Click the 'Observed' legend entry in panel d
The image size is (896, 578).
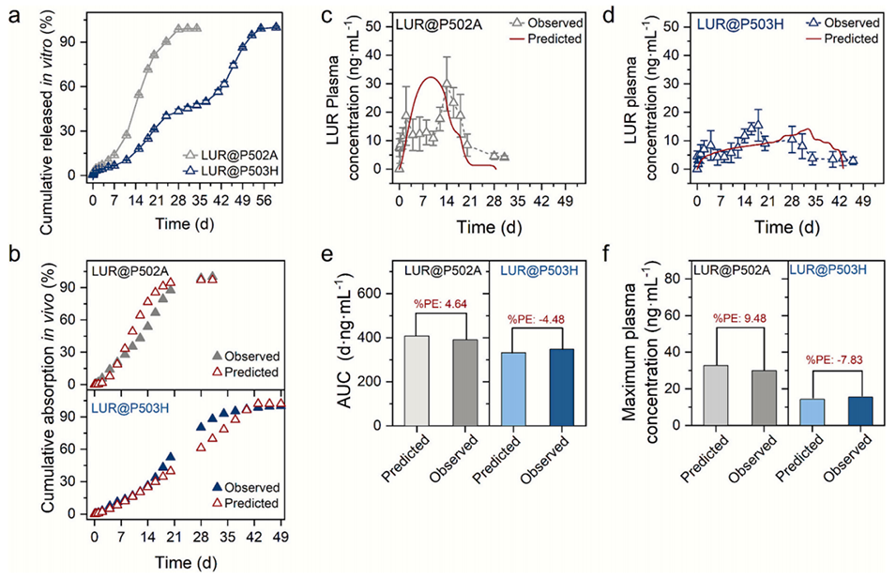(x=851, y=22)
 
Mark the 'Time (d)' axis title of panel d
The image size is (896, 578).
(x=786, y=226)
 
